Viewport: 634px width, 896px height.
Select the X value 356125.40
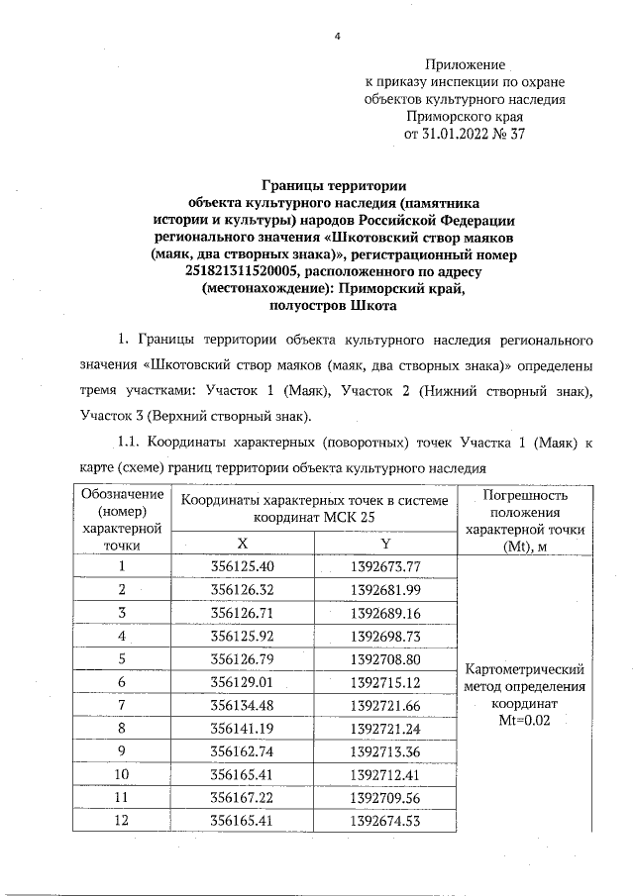(243, 566)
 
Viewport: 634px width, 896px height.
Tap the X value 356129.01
(243, 682)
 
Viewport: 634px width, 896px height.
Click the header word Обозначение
(122, 494)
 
